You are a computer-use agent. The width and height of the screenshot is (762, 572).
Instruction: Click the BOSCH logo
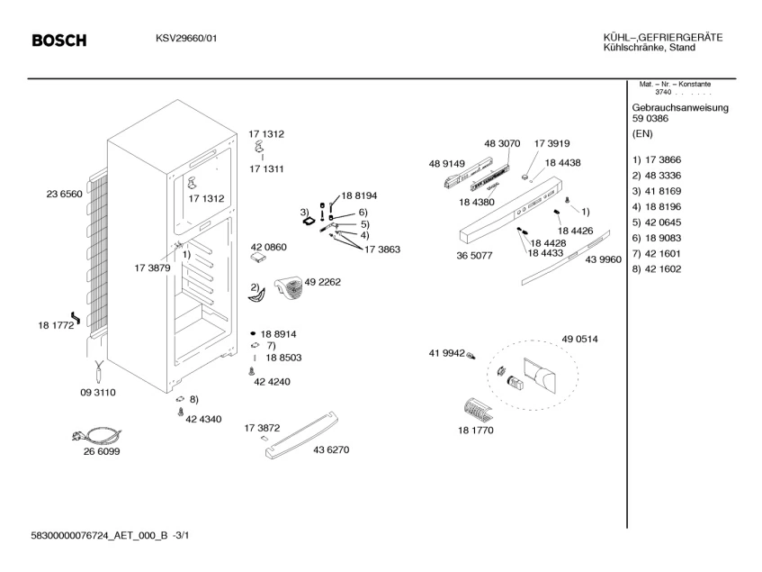click(59, 41)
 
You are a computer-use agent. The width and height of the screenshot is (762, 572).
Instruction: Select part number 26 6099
click(101, 451)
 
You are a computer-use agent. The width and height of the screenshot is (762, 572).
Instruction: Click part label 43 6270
click(330, 449)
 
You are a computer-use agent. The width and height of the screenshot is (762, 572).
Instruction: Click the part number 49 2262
click(323, 281)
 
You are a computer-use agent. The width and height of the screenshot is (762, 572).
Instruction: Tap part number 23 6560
click(64, 194)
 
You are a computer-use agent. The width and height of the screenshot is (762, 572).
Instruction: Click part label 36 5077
click(474, 256)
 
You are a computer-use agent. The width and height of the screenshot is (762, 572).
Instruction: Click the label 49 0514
click(579, 338)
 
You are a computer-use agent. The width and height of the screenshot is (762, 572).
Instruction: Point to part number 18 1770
click(475, 431)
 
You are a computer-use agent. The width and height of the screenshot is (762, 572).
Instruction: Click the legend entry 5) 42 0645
click(656, 222)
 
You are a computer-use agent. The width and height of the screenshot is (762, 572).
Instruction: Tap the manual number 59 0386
click(650, 119)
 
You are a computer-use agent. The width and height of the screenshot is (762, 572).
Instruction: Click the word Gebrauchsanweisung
click(680, 108)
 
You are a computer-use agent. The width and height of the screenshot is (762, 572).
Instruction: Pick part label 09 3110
click(98, 393)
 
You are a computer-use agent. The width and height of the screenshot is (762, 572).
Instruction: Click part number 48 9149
click(447, 163)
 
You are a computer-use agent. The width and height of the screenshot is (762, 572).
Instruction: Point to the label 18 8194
click(359, 195)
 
